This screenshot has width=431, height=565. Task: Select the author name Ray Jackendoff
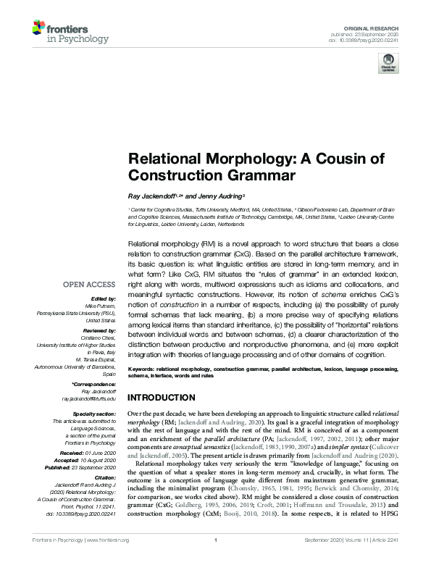(151, 196)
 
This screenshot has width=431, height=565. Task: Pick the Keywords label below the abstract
(144, 369)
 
